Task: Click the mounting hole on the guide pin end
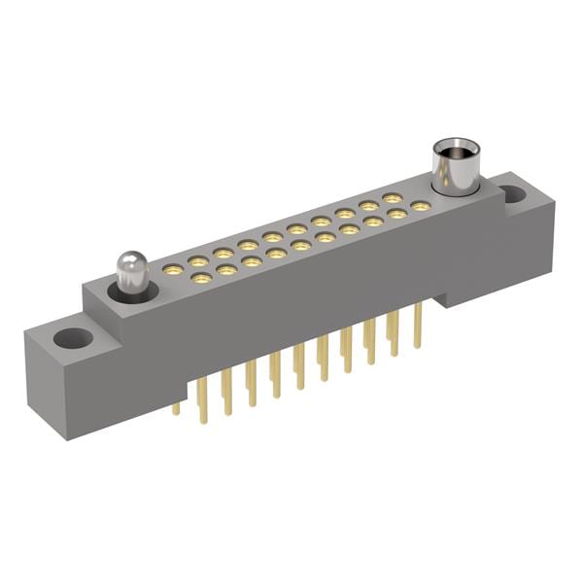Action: tap(72, 339)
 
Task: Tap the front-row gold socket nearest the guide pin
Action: tap(202, 279)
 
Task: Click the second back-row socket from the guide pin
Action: tap(198, 259)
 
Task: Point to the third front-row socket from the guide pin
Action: tap(252, 262)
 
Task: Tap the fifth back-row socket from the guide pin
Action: tap(272, 236)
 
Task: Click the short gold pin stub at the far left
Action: tap(176, 408)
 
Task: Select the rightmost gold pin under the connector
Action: tap(418, 326)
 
